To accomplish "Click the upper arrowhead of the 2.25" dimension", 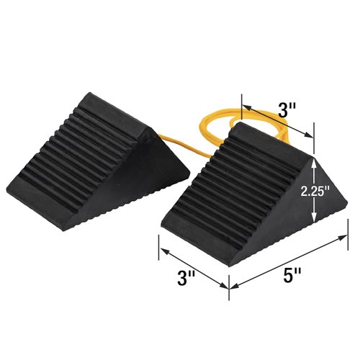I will [315, 162].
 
